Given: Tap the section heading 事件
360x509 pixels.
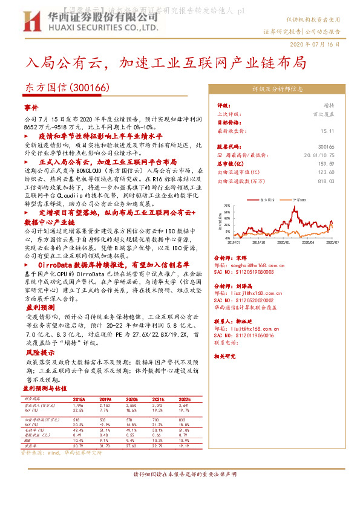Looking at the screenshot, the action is [30, 107].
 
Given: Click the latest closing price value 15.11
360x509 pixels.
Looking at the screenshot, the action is [327, 130].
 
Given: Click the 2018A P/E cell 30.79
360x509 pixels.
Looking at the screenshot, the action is [78, 446].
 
